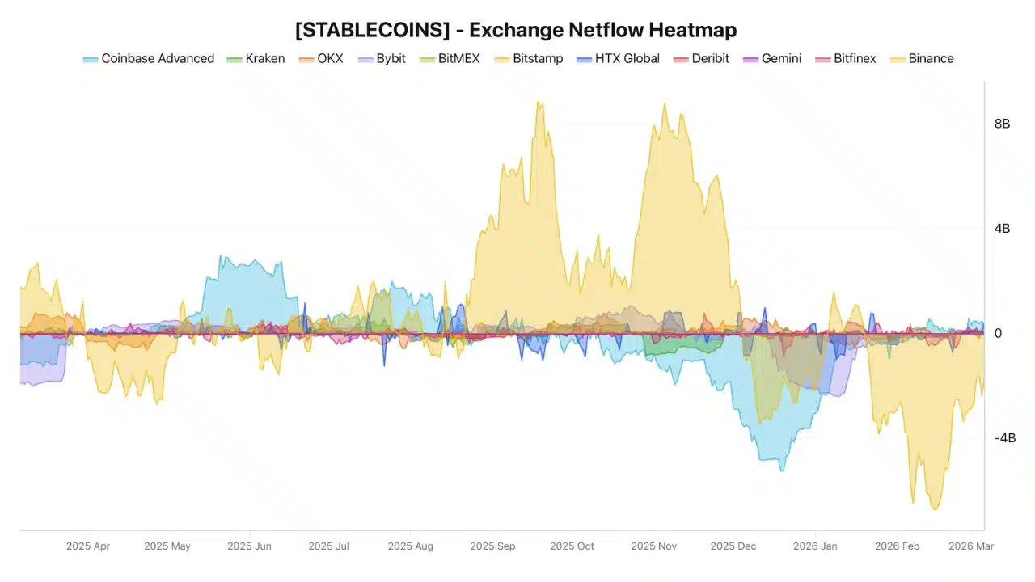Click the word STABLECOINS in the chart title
tap(372, 31)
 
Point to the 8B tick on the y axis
tap(1002, 124)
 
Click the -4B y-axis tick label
tap(1004, 438)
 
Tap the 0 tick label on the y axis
tap(998, 333)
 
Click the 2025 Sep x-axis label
tap(492, 546)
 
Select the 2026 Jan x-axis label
tap(815, 546)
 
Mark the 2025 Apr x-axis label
tap(87, 546)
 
